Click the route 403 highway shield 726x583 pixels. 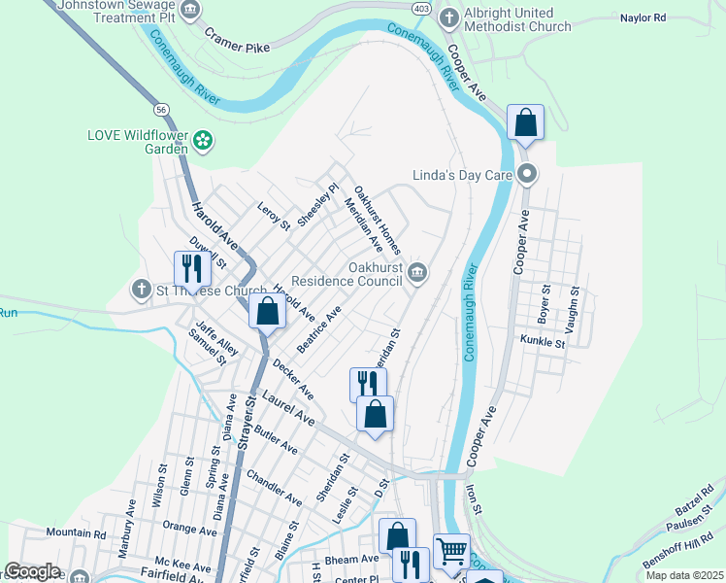(x=395, y=7)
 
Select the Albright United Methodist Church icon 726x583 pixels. (x=448, y=17)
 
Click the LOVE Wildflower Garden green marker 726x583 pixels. (x=203, y=141)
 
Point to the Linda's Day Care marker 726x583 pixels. (x=527, y=175)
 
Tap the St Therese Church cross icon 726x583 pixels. (x=141, y=291)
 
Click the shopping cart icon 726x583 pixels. (x=451, y=552)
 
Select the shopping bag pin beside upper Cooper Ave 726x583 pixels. (x=525, y=122)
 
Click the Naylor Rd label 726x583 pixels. (x=643, y=17)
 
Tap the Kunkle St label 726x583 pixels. (x=543, y=342)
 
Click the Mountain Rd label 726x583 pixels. (x=76, y=533)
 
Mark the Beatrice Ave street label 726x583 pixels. (x=321, y=329)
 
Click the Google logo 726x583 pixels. (x=32, y=571)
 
